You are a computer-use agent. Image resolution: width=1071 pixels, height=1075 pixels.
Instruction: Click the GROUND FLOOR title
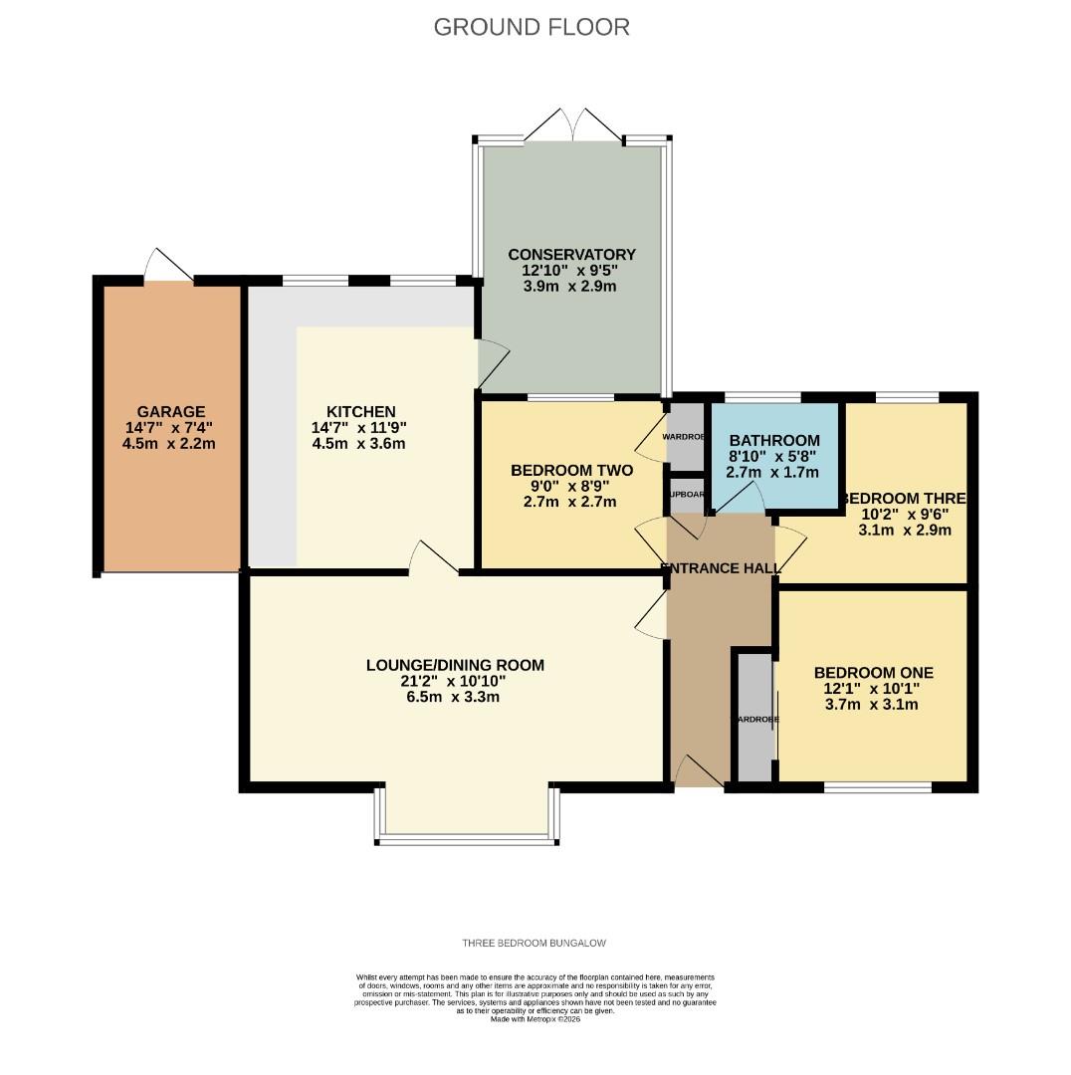[532, 27]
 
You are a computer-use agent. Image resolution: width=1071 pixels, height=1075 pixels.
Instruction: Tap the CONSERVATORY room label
[571, 255]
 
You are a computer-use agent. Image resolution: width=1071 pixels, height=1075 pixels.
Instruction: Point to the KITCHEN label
[360, 412]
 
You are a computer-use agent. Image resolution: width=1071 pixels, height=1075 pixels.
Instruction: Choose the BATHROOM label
[774, 440]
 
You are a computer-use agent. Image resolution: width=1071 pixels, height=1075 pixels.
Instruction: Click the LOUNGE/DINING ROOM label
[455, 665]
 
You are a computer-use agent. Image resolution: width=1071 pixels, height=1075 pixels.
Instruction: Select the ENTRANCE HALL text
[721, 568]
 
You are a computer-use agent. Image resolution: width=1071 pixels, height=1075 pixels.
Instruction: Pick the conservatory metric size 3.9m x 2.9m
[571, 287]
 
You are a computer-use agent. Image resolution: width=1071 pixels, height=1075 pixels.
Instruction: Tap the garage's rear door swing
[167, 264]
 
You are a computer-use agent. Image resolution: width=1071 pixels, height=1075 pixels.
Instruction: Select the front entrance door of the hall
[699, 772]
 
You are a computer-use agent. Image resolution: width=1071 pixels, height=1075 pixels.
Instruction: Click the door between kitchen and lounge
[434, 557]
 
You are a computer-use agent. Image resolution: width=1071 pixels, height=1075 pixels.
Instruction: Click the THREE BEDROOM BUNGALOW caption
[534, 943]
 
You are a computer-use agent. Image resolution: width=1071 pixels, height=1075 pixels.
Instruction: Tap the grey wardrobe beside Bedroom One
[753, 717]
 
